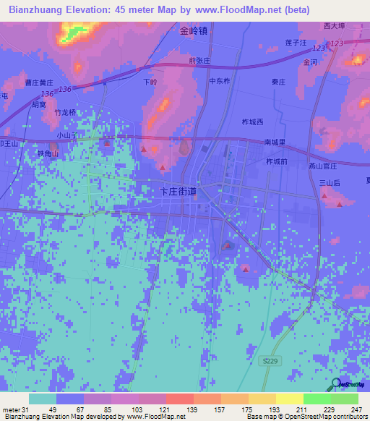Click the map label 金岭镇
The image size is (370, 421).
tap(194, 31)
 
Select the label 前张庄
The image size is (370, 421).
tap(199, 61)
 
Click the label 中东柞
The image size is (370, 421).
tap(220, 82)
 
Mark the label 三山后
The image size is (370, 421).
tap(330, 184)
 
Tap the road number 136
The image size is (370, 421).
tap(66, 89)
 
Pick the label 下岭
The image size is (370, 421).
tap(150, 82)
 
